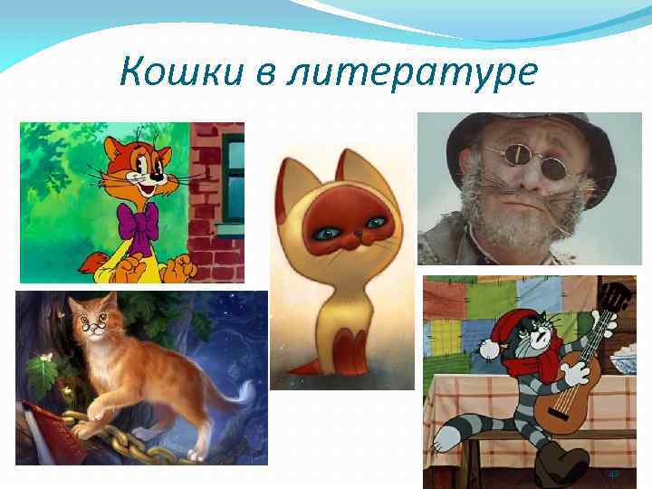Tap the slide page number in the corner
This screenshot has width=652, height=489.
point(614,473)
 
